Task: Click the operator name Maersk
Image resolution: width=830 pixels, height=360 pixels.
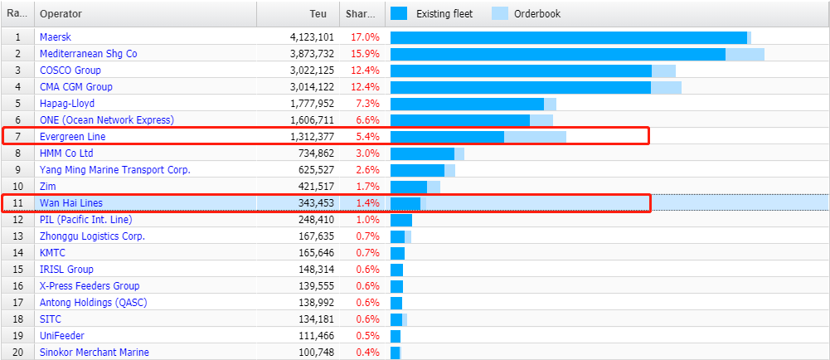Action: point(55,37)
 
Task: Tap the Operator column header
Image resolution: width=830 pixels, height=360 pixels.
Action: point(61,14)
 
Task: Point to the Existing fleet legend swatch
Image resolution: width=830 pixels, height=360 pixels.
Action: point(400,13)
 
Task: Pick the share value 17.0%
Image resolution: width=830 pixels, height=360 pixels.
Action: point(365,37)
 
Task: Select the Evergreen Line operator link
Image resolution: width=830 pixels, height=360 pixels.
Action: point(72,137)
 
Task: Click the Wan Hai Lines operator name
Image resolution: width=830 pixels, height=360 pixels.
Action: point(70,203)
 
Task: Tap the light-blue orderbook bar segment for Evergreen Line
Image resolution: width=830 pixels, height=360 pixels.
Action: point(535,137)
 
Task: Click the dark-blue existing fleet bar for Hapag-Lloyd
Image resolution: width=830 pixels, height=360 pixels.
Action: point(467,104)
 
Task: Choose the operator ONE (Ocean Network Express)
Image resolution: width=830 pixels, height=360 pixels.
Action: point(106,120)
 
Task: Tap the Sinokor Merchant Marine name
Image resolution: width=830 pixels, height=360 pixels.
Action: point(94,353)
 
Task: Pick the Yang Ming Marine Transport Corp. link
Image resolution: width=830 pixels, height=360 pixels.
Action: point(114,170)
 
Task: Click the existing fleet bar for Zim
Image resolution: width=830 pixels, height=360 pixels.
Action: point(408,187)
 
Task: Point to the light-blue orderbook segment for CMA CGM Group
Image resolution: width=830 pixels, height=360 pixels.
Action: point(666,87)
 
